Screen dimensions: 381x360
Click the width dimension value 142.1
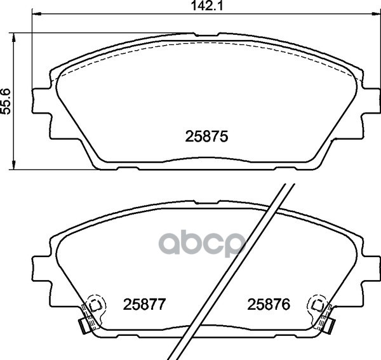[x=207, y=6]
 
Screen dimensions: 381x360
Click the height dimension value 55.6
[x=6, y=101]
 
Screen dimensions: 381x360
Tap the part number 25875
[x=206, y=137]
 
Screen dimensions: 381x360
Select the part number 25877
[x=144, y=304]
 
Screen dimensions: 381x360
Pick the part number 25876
[x=269, y=304]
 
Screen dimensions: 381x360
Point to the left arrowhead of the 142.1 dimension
[x=37, y=13]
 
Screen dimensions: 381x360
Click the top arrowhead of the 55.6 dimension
[x=14, y=37]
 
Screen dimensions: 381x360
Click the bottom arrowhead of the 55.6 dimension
[x=14, y=164]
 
